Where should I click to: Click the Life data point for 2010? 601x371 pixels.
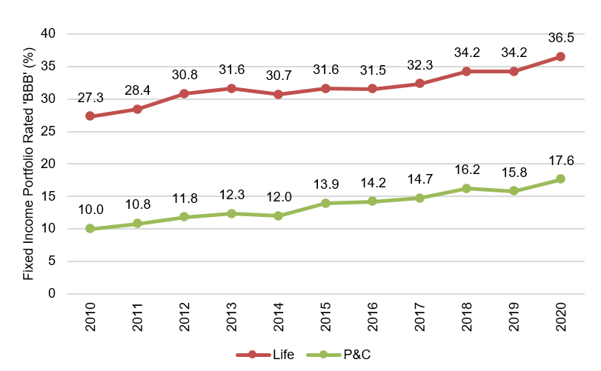coord(90,116)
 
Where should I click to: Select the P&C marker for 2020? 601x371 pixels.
coord(560,178)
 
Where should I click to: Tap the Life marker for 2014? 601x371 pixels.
coord(278,94)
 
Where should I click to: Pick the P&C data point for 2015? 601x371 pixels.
coord(325,203)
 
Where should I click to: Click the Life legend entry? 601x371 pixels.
coord(267,355)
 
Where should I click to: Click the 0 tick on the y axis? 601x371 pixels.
coord(52,294)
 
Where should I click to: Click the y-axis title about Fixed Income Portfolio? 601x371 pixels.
coord(28,163)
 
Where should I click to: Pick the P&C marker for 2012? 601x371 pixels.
coord(184,217)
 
